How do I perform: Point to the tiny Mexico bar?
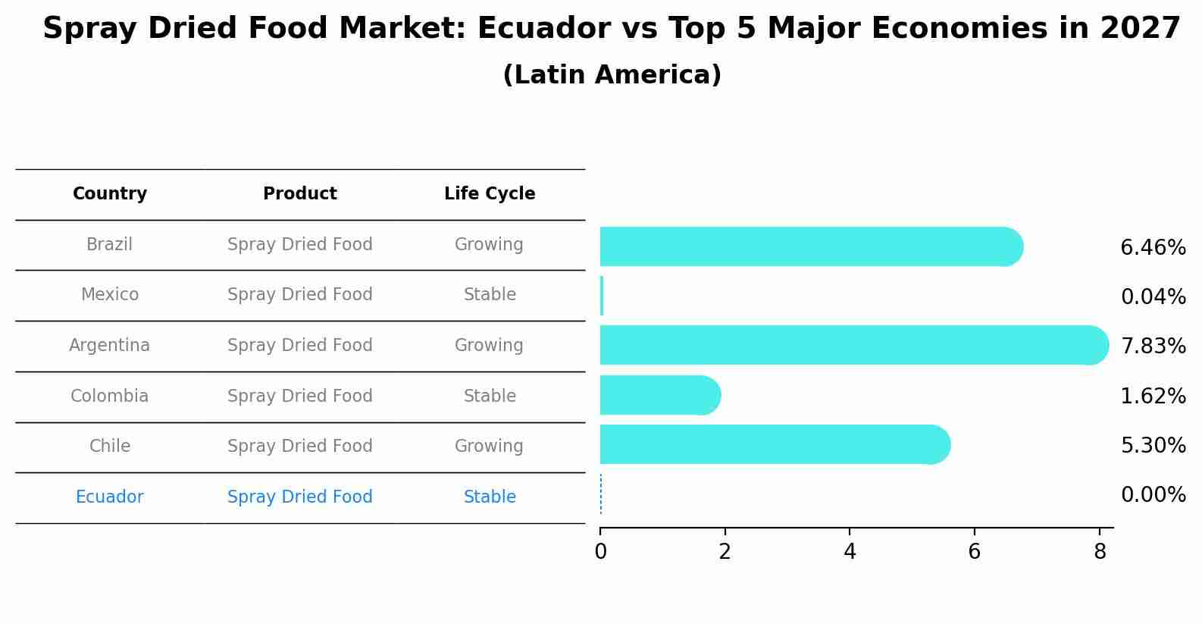pyautogui.click(x=602, y=296)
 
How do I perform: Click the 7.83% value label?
pyautogui.click(x=1153, y=346)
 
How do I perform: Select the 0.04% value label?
pyautogui.click(x=1153, y=297)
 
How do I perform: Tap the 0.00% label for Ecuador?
pyautogui.click(x=1153, y=495)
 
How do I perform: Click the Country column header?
pyautogui.click(x=110, y=194)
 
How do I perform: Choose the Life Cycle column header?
pyautogui.click(x=490, y=194)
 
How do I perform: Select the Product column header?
pyautogui.click(x=300, y=194)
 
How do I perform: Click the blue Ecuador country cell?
pyautogui.click(x=110, y=497)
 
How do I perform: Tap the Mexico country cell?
pyautogui.click(x=110, y=295)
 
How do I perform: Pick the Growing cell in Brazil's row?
pyautogui.click(x=489, y=245)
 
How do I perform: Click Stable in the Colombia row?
pyautogui.click(x=490, y=397)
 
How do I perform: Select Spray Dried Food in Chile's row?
pyautogui.click(x=300, y=447)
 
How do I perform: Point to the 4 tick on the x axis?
pyautogui.click(x=850, y=552)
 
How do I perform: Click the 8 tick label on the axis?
pyautogui.click(x=1100, y=552)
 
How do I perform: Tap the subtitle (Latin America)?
pyautogui.click(x=612, y=75)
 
